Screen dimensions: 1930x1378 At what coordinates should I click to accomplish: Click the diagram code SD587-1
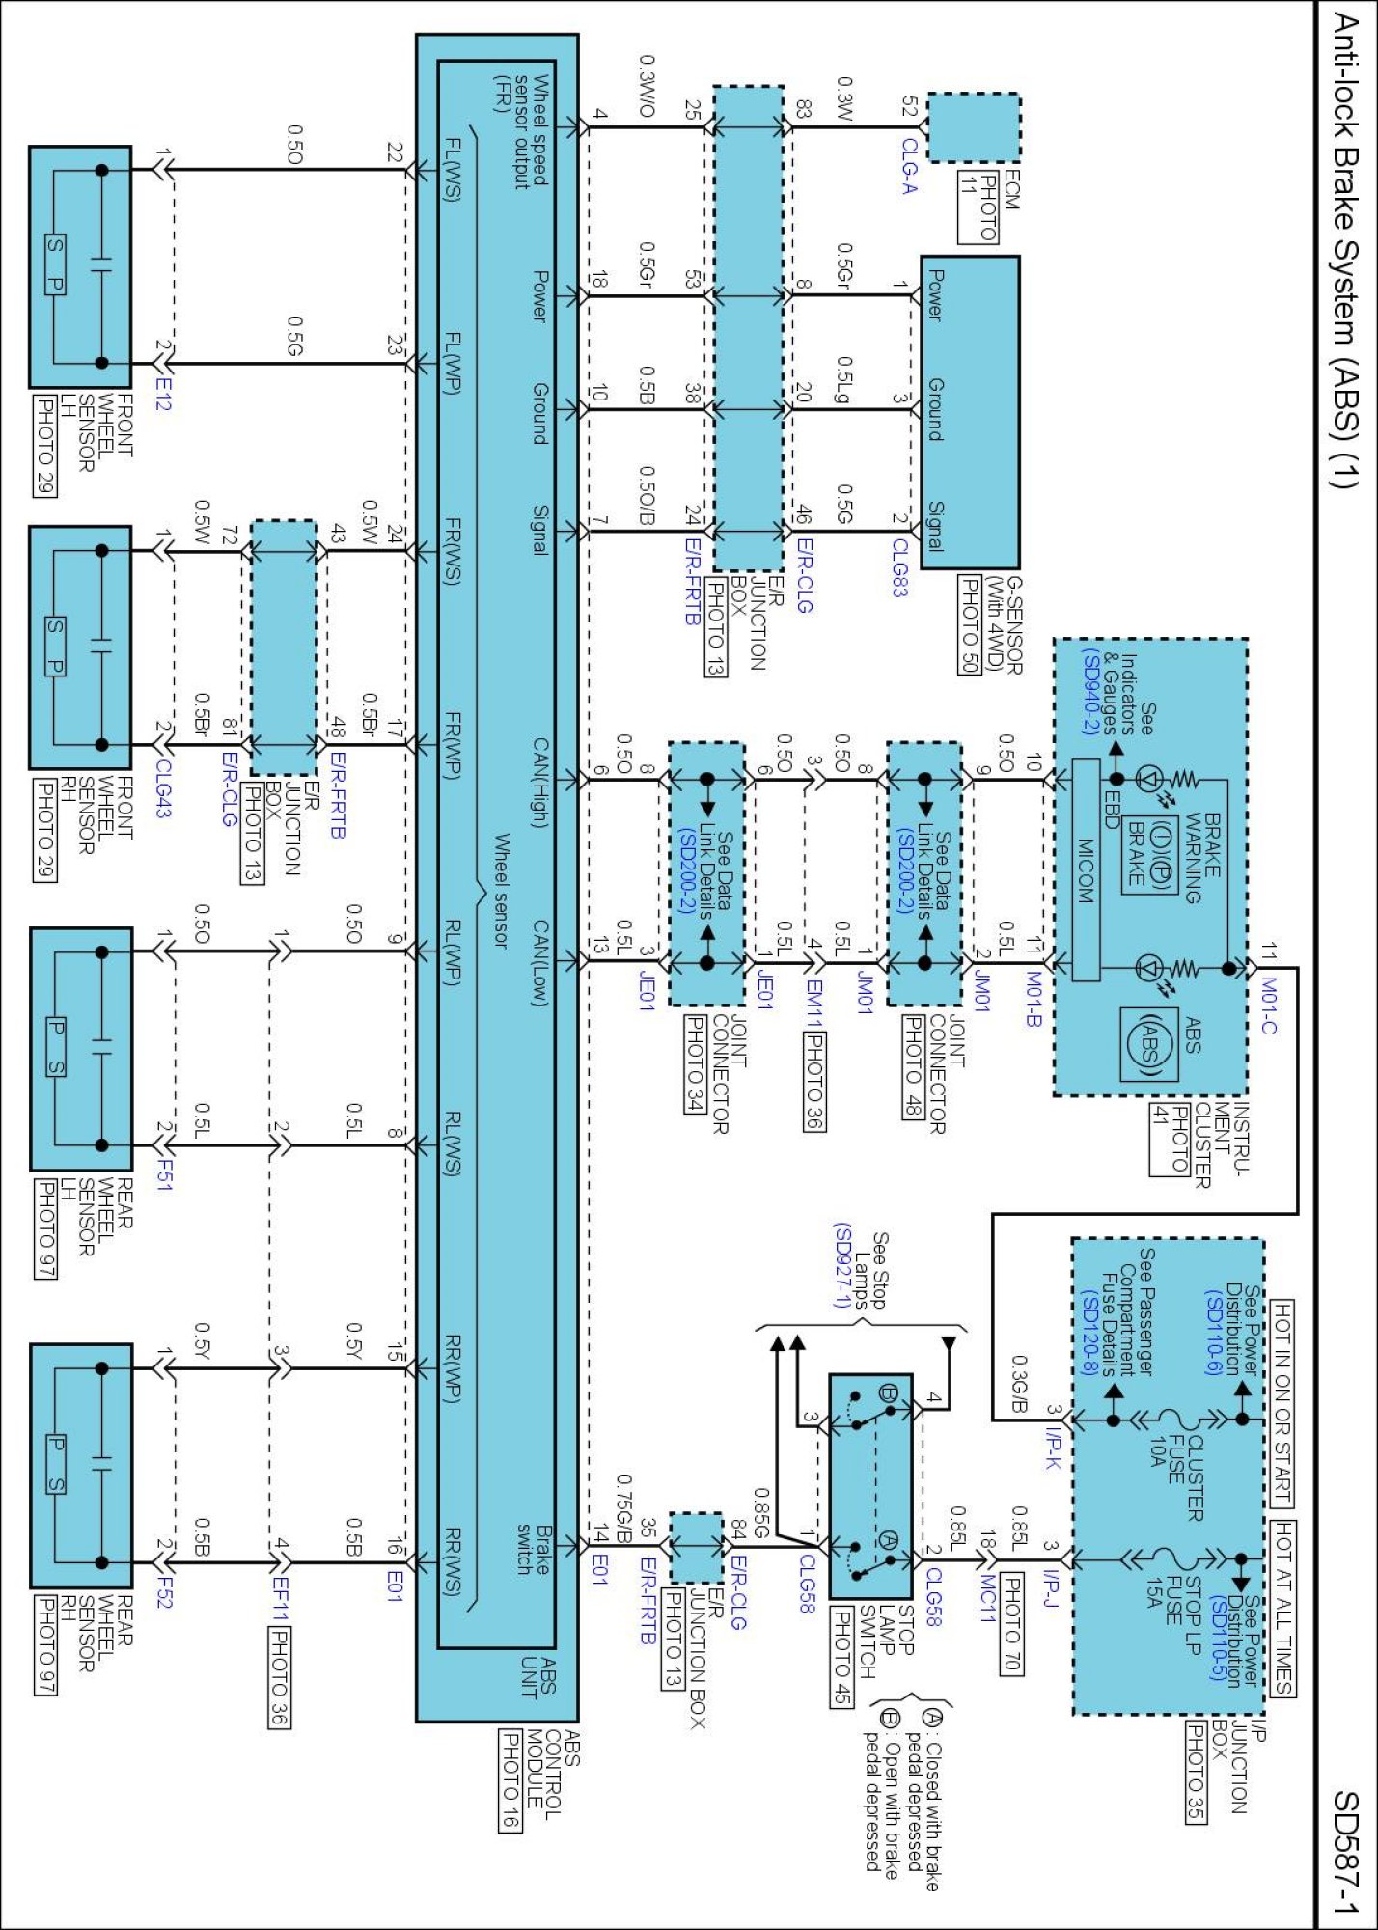pyautogui.click(x=1345, y=1853)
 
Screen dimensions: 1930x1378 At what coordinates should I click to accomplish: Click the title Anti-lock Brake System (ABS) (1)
pyautogui.click(x=1345, y=251)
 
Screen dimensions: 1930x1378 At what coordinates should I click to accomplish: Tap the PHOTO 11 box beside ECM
pyautogui.click(x=978, y=207)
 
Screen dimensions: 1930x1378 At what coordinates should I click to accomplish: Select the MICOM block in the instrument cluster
pyautogui.click(x=1086, y=869)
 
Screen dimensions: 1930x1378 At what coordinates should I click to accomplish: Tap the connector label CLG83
pyautogui.click(x=899, y=567)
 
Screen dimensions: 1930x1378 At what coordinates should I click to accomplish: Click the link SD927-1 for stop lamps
pyautogui.click(x=842, y=1265)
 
